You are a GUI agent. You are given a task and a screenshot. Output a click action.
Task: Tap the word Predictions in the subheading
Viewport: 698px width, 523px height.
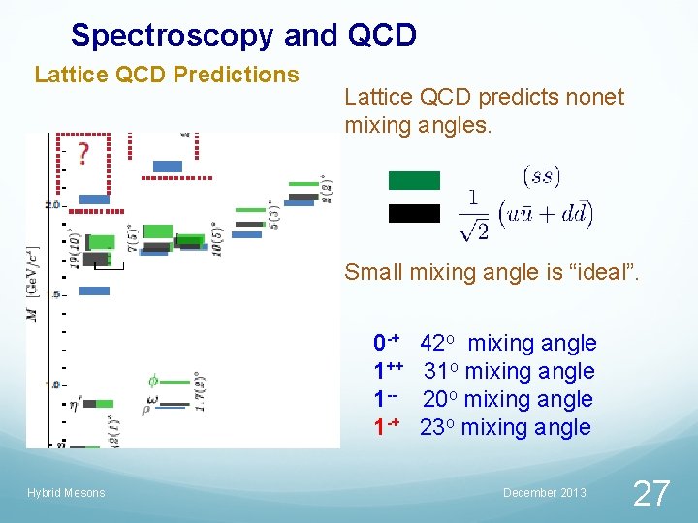click(x=249, y=75)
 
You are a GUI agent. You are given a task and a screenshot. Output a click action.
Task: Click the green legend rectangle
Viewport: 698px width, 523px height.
click(x=414, y=180)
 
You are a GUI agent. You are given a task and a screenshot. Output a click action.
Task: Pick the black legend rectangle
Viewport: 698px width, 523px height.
click(x=414, y=213)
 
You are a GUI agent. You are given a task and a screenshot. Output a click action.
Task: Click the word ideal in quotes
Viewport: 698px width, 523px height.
click(x=600, y=273)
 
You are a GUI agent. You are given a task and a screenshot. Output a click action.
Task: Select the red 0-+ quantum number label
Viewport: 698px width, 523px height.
click(x=387, y=343)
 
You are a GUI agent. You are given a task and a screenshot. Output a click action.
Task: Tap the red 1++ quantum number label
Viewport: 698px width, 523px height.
click(x=388, y=371)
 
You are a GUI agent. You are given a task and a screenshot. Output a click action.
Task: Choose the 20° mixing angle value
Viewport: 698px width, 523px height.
click(x=441, y=399)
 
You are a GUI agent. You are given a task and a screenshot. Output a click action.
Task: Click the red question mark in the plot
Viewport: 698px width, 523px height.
click(x=84, y=153)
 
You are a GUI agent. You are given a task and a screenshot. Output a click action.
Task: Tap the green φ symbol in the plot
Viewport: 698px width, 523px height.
click(x=153, y=381)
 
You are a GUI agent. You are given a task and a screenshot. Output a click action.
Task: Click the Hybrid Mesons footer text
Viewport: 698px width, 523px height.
click(x=66, y=493)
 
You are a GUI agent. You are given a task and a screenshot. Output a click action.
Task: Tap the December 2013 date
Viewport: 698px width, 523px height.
click(x=545, y=493)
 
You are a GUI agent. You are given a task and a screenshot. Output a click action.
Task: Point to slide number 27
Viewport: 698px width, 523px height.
click(x=650, y=493)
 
